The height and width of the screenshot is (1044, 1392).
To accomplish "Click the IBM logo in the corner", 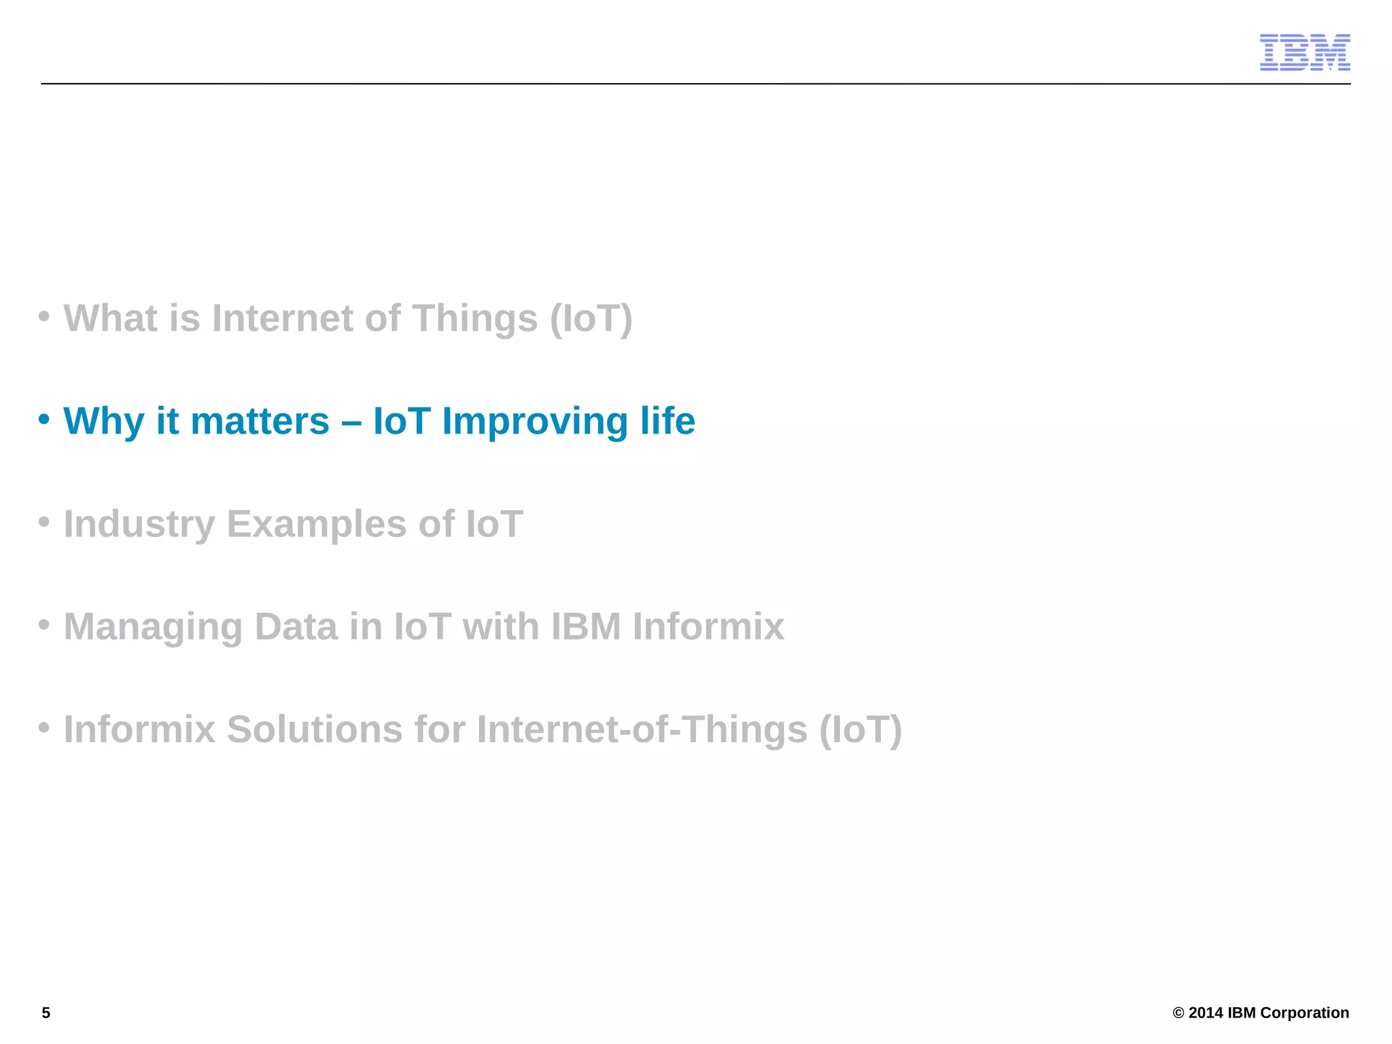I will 1304,52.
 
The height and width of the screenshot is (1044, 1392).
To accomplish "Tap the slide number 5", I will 46,1013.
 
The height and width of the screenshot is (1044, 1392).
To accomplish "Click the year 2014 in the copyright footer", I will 1206,1013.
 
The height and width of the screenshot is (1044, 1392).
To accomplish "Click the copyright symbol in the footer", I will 1179,1013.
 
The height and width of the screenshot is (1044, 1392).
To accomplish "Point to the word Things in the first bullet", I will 474,318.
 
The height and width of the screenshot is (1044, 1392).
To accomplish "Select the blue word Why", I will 103,421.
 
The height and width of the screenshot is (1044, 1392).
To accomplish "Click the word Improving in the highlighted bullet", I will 534,421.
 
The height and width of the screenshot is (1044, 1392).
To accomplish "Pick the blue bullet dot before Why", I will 44,419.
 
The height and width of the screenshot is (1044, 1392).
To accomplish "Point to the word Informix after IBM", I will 708,627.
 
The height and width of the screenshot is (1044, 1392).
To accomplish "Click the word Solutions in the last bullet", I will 315,729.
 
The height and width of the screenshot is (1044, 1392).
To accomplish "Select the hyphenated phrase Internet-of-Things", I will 642,729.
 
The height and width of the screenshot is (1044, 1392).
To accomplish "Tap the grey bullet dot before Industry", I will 44,522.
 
